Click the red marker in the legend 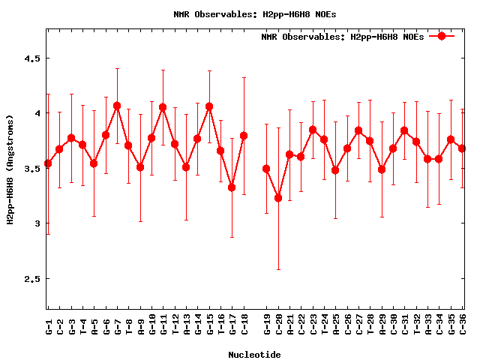click(442, 36)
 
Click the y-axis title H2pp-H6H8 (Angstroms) click(10, 169)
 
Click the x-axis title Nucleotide click(255, 355)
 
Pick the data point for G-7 click(117, 106)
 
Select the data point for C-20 click(278, 198)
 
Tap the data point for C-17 click(232, 187)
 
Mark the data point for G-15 click(209, 106)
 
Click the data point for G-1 click(48, 163)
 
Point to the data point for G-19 click(266, 169)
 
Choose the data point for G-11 click(163, 107)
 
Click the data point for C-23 click(313, 130)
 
